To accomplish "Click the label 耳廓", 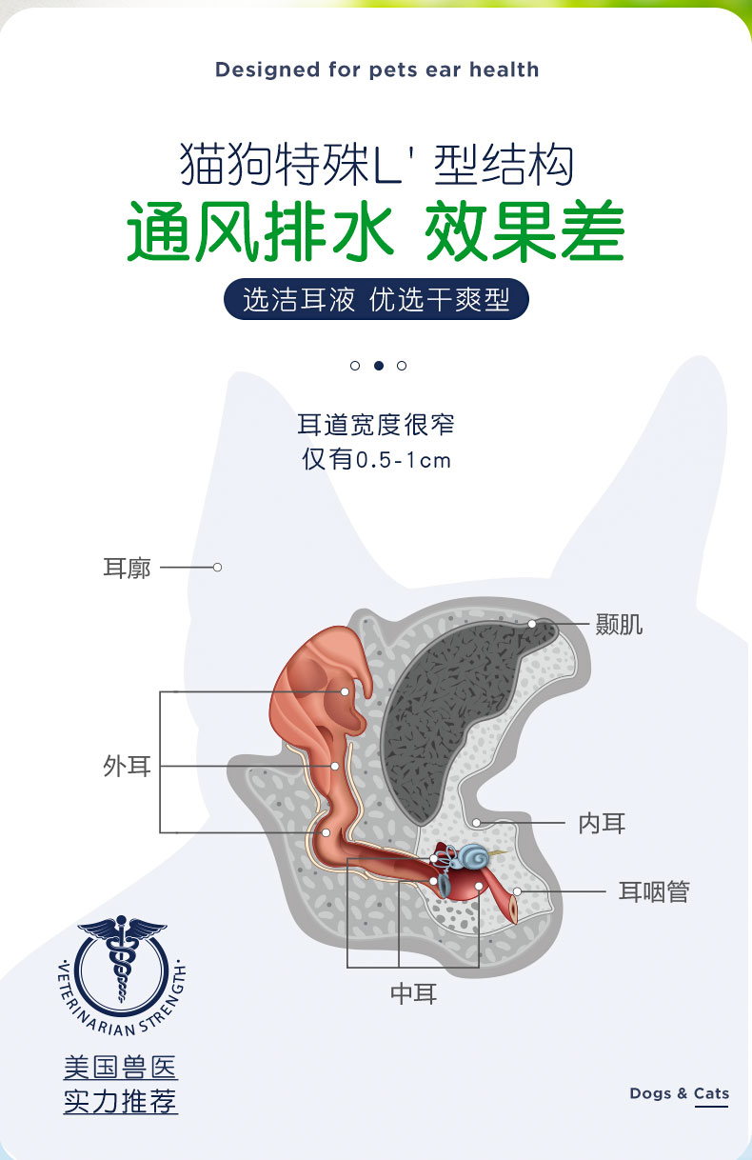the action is pyautogui.click(x=127, y=568).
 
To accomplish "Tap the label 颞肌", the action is pyautogui.click(x=619, y=625).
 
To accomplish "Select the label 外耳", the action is pyautogui.click(x=128, y=766).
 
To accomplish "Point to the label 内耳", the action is pyautogui.click(x=602, y=823).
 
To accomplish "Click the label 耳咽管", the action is pyautogui.click(x=654, y=892).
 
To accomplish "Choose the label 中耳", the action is pyautogui.click(x=414, y=993).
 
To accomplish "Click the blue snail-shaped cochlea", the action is pyautogui.click(x=473, y=856).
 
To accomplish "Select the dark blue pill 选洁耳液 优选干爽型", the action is pyautogui.click(x=376, y=300).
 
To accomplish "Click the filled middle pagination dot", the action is pyautogui.click(x=378, y=366).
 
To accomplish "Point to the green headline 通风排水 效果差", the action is pyautogui.click(x=376, y=232).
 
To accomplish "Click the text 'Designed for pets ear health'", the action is pyautogui.click(x=377, y=70).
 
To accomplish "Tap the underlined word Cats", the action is pyautogui.click(x=711, y=1093).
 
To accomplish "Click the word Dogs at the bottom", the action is pyautogui.click(x=651, y=1093).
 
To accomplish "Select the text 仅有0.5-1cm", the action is pyautogui.click(x=376, y=460).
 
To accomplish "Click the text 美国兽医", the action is pyautogui.click(x=120, y=1068).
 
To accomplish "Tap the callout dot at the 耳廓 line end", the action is pyautogui.click(x=217, y=568).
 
